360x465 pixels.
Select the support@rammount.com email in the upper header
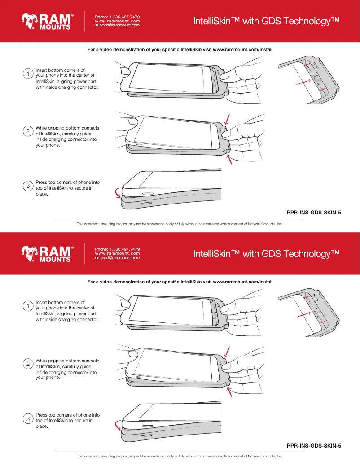click(117, 26)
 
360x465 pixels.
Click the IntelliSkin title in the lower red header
click(266, 254)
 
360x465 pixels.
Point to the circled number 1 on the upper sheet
click(28, 73)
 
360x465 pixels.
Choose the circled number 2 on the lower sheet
click(28, 364)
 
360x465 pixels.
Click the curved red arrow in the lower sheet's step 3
click(118, 424)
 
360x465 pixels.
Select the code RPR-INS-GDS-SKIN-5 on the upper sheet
click(314, 213)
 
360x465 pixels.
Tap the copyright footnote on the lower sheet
click(180, 456)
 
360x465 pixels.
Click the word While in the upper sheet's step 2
click(42, 128)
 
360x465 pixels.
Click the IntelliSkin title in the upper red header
click(266, 22)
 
